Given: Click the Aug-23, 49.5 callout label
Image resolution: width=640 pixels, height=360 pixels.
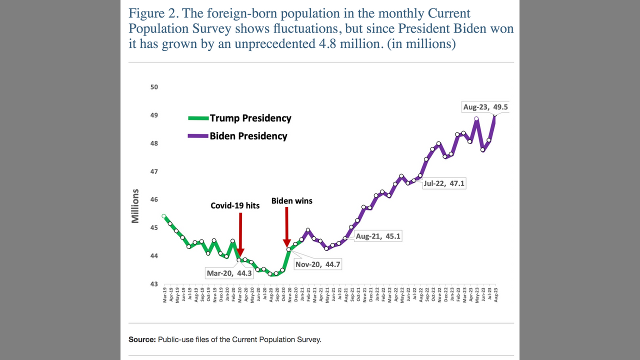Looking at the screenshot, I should (x=485, y=107).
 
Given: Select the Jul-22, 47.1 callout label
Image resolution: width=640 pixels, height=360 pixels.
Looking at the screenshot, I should (x=443, y=183).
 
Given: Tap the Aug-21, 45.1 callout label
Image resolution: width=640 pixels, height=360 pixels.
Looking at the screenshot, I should (x=378, y=236).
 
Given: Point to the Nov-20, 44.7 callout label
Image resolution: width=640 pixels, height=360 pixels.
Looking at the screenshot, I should (x=317, y=264).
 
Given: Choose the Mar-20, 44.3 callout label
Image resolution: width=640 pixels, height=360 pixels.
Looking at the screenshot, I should (x=229, y=273).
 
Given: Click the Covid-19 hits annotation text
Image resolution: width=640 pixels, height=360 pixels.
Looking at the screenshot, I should (x=235, y=205).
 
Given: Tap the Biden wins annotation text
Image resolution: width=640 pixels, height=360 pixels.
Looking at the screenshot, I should (x=291, y=201).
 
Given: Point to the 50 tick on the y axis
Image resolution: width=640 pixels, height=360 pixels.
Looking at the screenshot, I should (x=154, y=87).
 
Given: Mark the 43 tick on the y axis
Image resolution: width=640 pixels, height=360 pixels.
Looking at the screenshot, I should (x=154, y=284).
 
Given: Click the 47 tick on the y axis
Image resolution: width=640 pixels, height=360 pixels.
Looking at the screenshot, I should (x=154, y=171).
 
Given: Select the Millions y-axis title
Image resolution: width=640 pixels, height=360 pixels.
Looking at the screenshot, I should (x=135, y=205).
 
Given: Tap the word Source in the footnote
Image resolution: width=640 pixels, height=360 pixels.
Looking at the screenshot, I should (x=141, y=339).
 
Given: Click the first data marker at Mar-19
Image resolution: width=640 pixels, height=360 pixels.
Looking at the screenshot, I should (x=164, y=216).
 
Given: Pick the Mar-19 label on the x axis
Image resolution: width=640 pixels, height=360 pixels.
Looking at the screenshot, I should (x=164, y=295).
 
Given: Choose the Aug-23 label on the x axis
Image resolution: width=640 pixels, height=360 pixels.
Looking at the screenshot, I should (x=495, y=295).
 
